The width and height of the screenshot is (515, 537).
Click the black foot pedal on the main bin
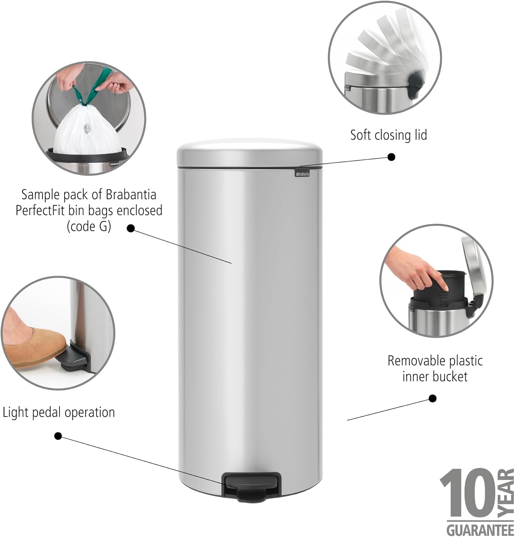pos(251,485)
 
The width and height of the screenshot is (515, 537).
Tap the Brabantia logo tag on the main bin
pos(302,174)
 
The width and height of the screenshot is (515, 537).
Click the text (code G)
pos(89,226)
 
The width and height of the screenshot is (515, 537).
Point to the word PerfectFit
pos(40,210)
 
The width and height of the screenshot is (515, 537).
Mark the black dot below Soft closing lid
pos(391,157)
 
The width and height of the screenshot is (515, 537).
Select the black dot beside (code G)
pos(131,228)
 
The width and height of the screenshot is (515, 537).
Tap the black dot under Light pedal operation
pos(58,436)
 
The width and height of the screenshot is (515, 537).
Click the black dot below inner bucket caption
pos(432,398)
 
